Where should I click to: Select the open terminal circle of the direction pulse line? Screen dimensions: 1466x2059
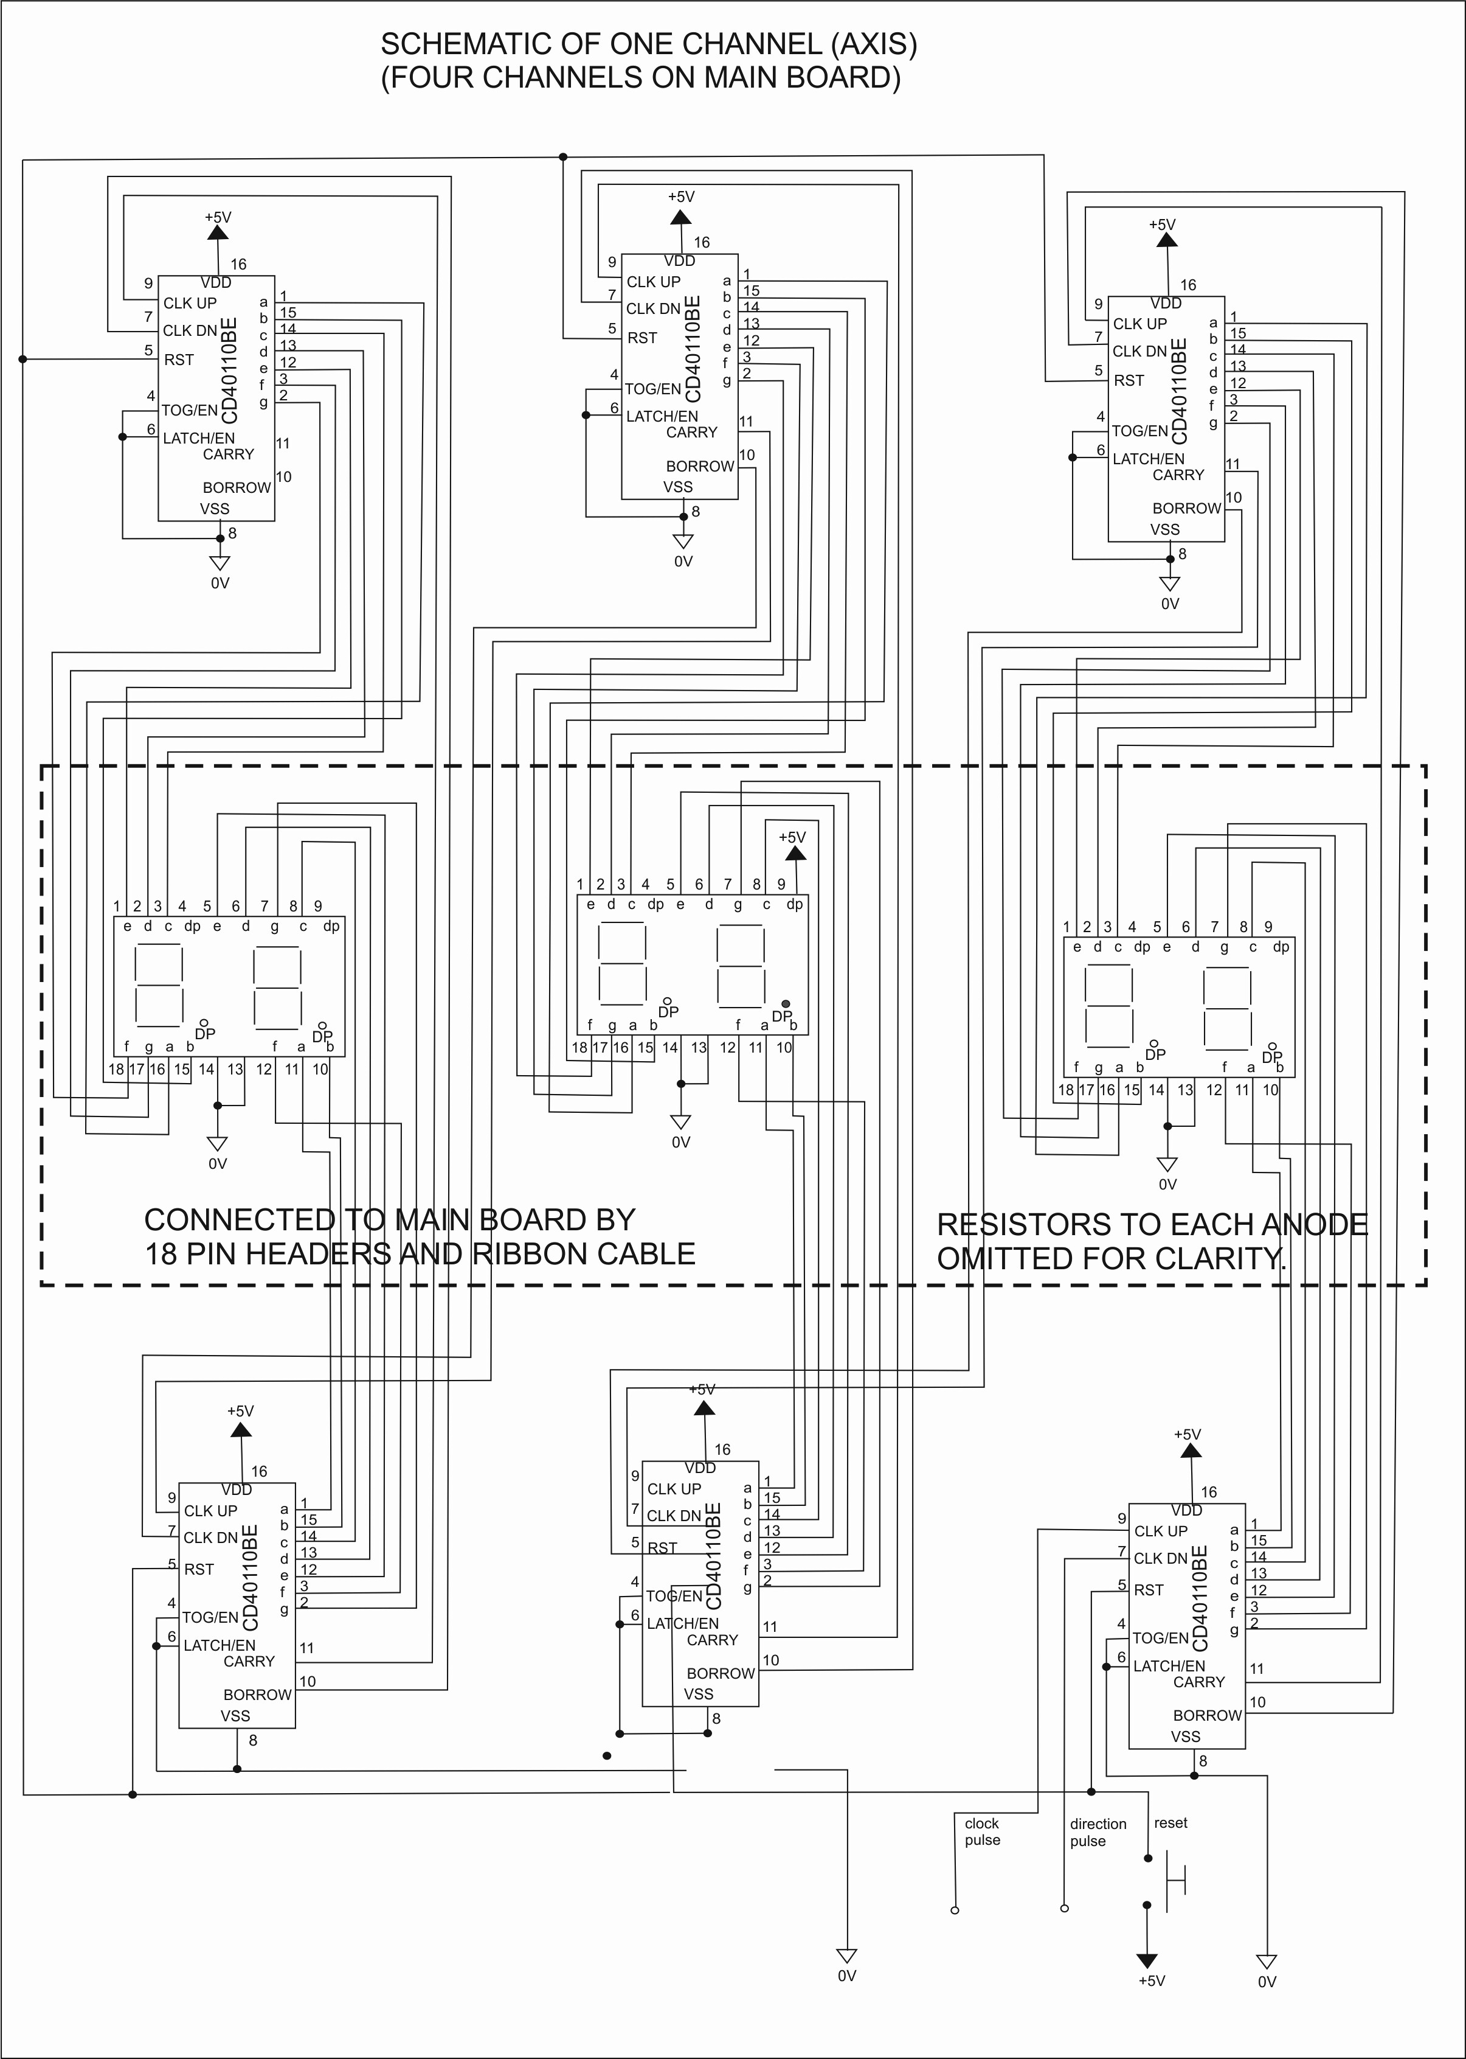pos(1064,1908)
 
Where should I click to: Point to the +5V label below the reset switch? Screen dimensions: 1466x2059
pos(1151,1981)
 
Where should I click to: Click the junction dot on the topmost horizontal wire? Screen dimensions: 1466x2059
pos(563,157)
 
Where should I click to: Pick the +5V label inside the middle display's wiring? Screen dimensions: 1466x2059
pos(792,837)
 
